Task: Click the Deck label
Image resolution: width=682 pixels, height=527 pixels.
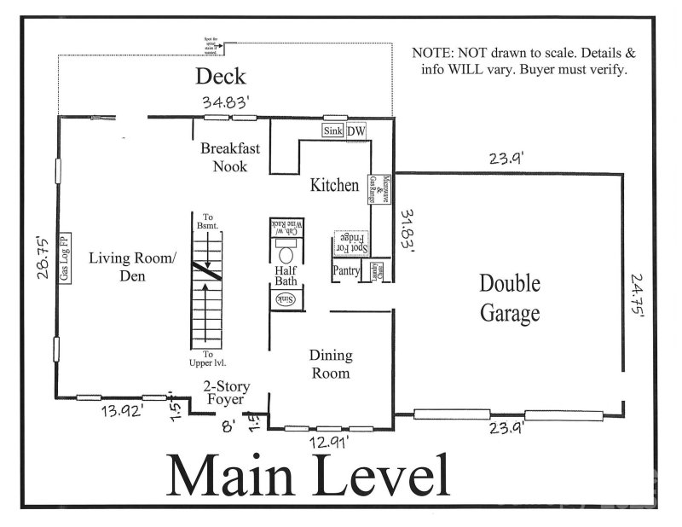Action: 221,77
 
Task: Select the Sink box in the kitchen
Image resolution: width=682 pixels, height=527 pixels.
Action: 332,130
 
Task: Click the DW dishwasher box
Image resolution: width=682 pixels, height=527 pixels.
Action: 355,130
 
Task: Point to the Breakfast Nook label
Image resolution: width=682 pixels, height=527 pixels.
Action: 230,157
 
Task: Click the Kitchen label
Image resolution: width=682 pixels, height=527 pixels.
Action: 333,185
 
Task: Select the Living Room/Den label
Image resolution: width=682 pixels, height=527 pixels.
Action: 132,266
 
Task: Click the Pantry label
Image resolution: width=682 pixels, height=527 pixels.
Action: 346,271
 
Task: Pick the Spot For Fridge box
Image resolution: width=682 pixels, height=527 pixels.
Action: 350,242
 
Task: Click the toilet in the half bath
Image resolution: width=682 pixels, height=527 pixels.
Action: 286,254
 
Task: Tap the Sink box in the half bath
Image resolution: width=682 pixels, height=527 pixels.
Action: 286,299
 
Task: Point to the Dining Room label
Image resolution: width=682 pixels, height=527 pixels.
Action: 330,364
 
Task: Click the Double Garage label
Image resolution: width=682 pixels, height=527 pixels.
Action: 510,298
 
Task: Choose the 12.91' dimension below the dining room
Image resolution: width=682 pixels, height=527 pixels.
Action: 329,443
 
